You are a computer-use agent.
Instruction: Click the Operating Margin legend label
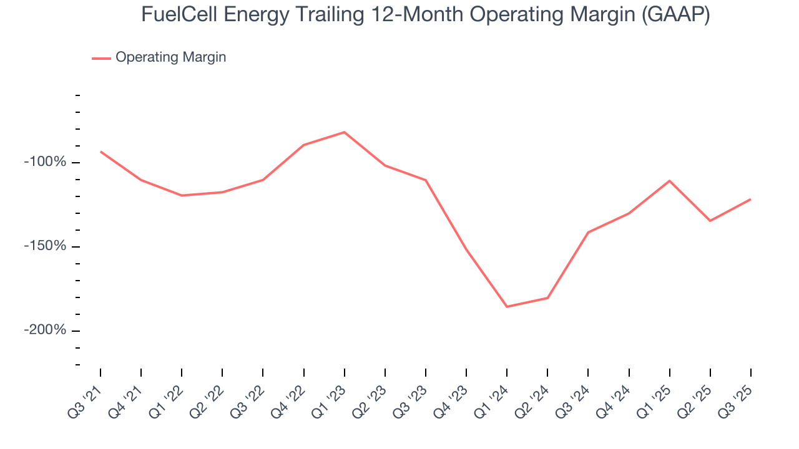(170, 57)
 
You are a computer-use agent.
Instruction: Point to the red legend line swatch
(101, 58)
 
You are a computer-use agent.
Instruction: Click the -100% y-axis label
(44, 162)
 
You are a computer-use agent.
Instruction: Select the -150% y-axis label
(44, 246)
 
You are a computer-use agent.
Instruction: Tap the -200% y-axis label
(44, 330)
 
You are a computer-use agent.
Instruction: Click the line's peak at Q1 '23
(344, 132)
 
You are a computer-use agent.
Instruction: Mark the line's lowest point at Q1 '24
(507, 307)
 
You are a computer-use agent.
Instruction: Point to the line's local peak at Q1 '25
(669, 181)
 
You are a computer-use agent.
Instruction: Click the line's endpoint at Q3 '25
(750, 200)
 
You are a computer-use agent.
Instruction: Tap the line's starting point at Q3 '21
(100, 152)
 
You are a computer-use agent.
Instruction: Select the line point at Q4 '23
(466, 249)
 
